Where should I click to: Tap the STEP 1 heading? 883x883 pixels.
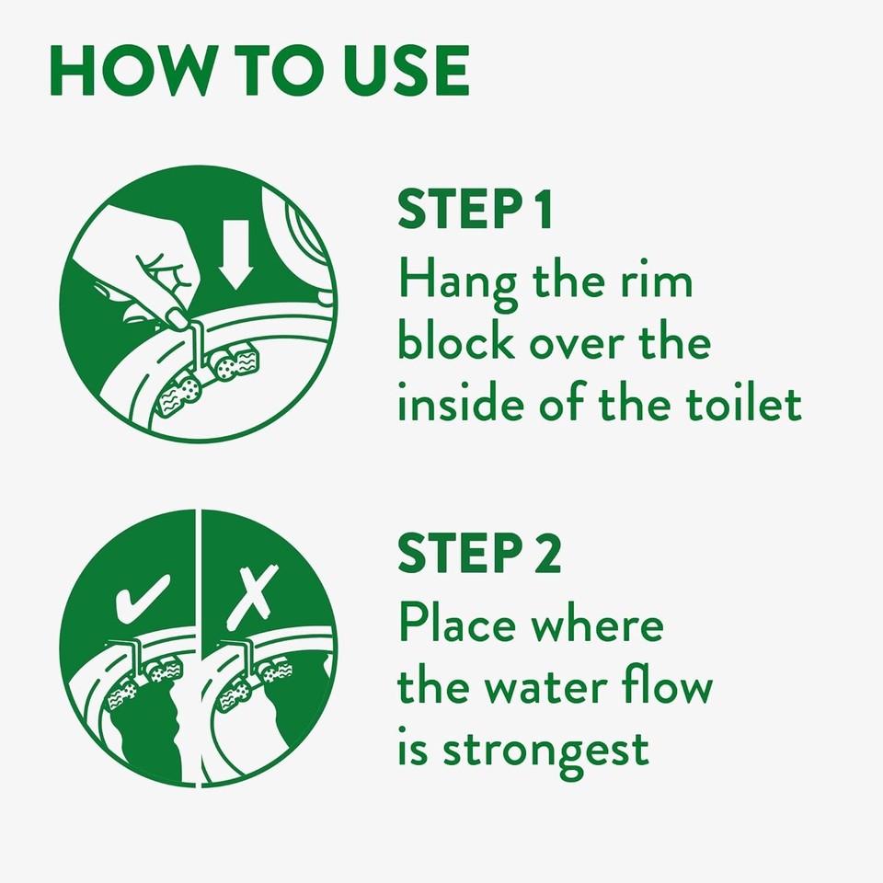(476, 210)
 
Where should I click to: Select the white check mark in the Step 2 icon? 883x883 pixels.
(143, 599)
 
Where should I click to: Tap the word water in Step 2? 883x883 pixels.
(562, 688)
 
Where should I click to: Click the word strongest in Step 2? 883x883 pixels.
(545, 750)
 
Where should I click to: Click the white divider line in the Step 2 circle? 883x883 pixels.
(199, 644)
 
